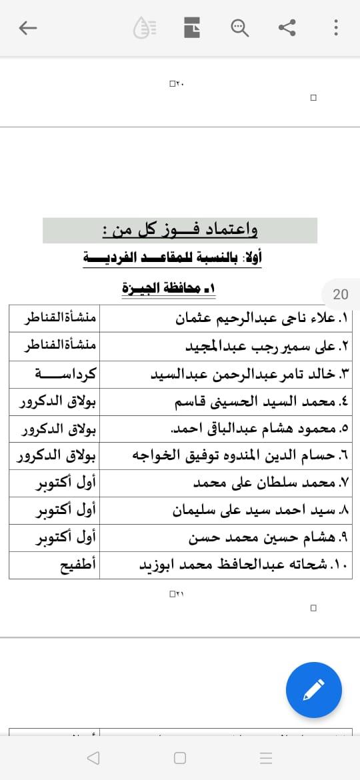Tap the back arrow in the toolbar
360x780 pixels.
pyautogui.click(x=28, y=27)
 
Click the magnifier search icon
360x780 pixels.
pyautogui.click(x=239, y=27)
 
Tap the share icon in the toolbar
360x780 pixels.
pyautogui.click(x=287, y=27)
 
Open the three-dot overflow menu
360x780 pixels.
pyautogui.click(x=335, y=27)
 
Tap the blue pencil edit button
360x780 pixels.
pyautogui.click(x=313, y=690)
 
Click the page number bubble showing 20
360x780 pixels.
pyautogui.click(x=340, y=294)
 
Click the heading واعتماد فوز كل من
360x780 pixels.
pyautogui.click(x=180, y=231)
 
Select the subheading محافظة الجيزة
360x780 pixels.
pyautogui.click(x=169, y=288)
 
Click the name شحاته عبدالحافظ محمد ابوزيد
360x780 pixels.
pyautogui.click(x=237, y=566)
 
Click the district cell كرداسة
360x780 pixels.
pyautogui.click(x=65, y=374)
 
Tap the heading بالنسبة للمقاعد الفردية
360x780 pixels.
pyautogui.click(x=172, y=257)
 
